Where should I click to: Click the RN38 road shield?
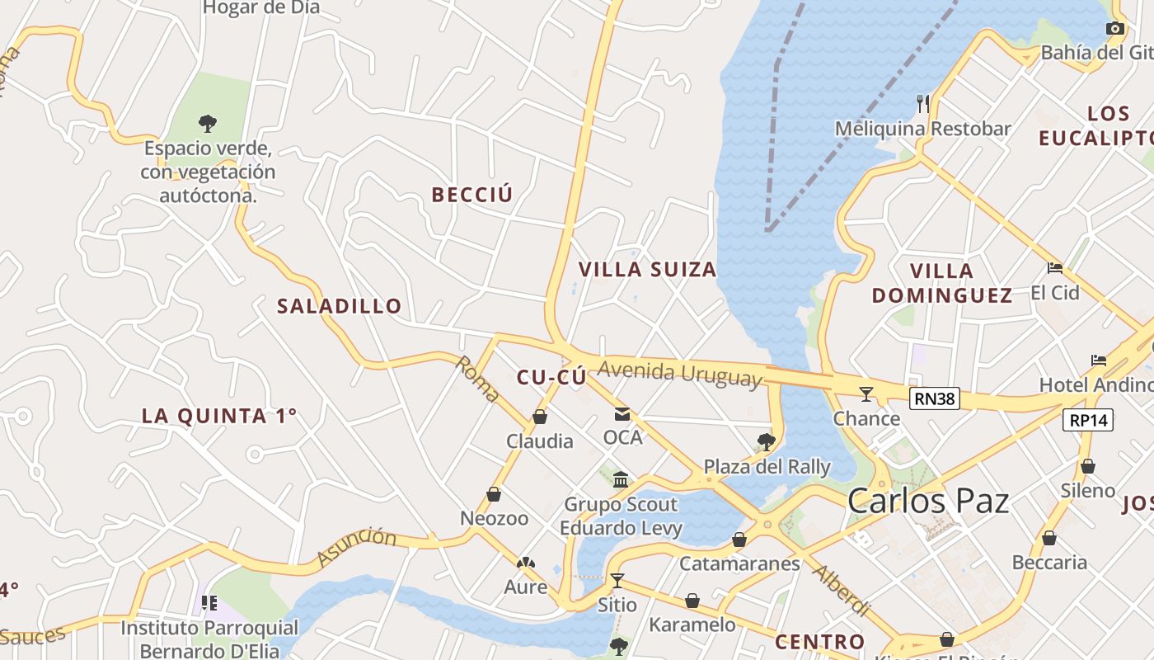tap(936, 399)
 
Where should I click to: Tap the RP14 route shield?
tap(1088, 420)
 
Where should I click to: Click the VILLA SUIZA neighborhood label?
tap(647, 270)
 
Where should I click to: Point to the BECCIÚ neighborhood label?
tap(472, 195)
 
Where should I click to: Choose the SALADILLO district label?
tap(340, 306)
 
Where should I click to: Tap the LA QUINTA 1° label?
tap(218, 416)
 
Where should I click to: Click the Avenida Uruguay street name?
tap(679, 374)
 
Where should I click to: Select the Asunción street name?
tap(356, 547)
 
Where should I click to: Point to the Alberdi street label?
tap(842, 589)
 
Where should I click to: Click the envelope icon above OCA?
tap(622, 413)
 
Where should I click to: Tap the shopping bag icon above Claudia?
tap(540, 417)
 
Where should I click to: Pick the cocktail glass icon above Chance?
tap(865, 394)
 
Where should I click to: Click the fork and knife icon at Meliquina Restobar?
tap(923, 104)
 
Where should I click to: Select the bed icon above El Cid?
tap(1054, 267)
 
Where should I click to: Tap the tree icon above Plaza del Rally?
tap(767, 441)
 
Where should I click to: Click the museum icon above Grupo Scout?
tap(621, 479)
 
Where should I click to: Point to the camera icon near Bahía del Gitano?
tap(1114, 29)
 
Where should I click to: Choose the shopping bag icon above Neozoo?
tap(494, 494)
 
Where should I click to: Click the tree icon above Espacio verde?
tap(208, 124)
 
